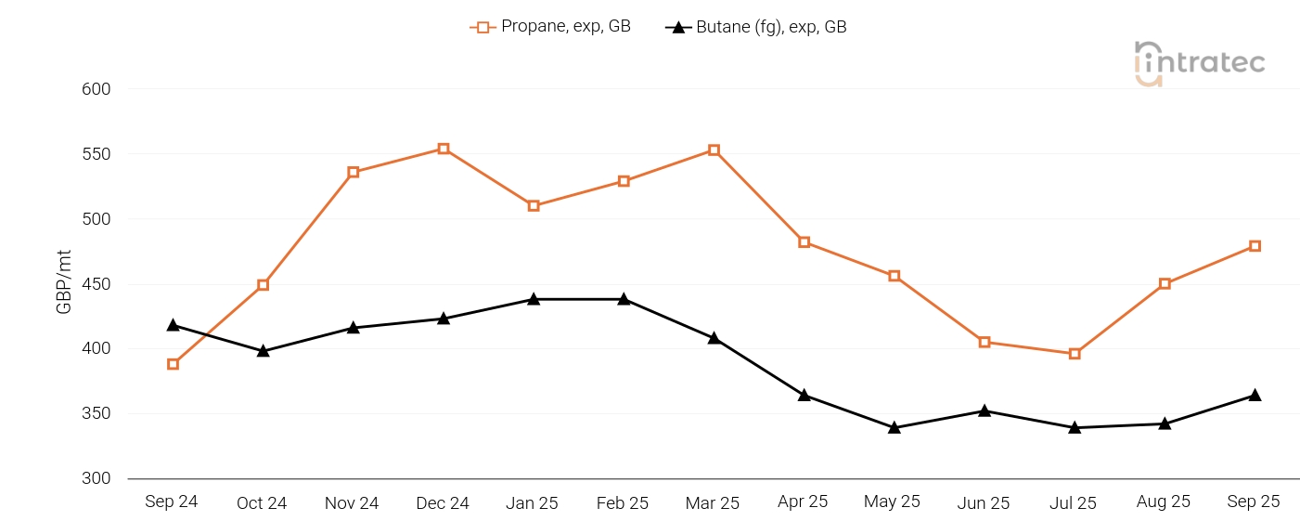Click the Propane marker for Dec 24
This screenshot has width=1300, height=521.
tap(444, 149)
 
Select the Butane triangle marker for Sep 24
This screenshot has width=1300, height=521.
tap(173, 325)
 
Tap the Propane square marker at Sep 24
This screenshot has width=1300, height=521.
tap(173, 364)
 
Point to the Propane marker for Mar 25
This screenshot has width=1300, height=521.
tap(714, 150)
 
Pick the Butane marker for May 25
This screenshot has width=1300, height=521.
tap(895, 428)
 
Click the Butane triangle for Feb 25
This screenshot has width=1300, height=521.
tap(624, 299)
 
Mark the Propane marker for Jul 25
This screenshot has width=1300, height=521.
tap(1075, 354)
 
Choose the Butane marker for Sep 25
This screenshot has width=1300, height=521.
tap(1255, 396)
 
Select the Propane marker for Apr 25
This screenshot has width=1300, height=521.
tap(804, 242)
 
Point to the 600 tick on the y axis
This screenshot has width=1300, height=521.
tap(97, 89)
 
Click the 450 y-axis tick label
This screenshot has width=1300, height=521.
tap(97, 284)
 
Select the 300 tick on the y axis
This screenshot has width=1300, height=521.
tap(97, 478)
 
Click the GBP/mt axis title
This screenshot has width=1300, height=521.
tap(65, 281)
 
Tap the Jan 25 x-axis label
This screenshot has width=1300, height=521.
tap(533, 503)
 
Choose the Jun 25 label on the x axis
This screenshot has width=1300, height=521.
tap(984, 503)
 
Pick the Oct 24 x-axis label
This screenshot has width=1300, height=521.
tap(262, 503)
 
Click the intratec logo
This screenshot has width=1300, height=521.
tap(1199, 63)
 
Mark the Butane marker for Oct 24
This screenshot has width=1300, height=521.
tap(264, 351)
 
